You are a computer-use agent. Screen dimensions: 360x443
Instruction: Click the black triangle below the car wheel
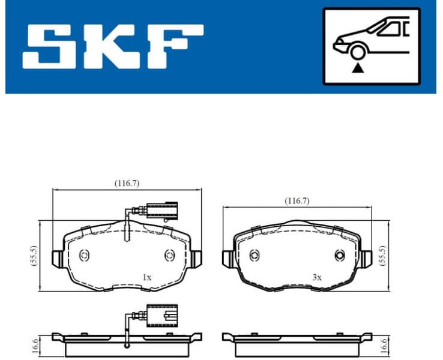(358, 68)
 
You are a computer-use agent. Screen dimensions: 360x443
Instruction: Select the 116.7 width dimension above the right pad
(297, 201)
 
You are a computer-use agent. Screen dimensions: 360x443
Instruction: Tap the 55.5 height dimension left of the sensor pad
(34, 256)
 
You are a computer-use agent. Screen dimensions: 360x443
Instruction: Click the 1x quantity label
(146, 277)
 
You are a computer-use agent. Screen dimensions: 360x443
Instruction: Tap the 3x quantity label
(317, 277)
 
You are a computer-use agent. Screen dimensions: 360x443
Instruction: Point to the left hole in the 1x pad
(84, 255)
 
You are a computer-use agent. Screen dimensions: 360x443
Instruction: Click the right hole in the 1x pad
(169, 255)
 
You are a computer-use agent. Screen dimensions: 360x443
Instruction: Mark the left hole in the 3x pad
(254, 256)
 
